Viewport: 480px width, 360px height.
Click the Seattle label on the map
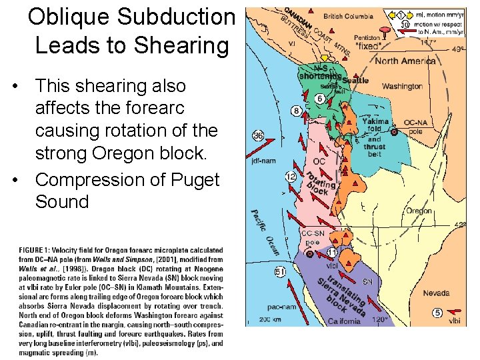pyautogui.click(x=355, y=80)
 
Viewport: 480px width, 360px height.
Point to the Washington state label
pyautogui.click(x=402, y=86)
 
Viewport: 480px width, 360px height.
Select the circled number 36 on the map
pyautogui.click(x=259, y=136)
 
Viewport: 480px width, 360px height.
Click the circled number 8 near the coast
pyautogui.click(x=296, y=111)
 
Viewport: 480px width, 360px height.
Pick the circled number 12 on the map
pyautogui.click(x=290, y=177)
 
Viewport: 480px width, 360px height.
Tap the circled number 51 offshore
pyautogui.click(x=280, y=271)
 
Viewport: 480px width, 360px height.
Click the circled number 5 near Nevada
pyautogui.click(x=437, y=313)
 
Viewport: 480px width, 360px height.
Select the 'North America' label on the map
pyautogui.click(x=405, y=61)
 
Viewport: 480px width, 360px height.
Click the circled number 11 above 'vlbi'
pyautogui.click(x=332, y=253)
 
